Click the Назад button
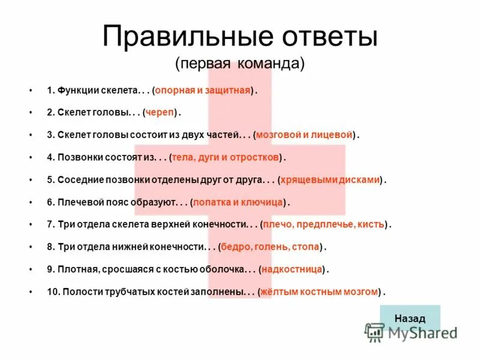410,318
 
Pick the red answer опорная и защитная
204,90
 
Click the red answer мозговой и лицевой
304,135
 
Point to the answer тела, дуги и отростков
226,157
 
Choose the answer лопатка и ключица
238,202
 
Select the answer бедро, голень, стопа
270,247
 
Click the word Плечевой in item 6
78,202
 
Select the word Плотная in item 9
76,269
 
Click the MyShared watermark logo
412,332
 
